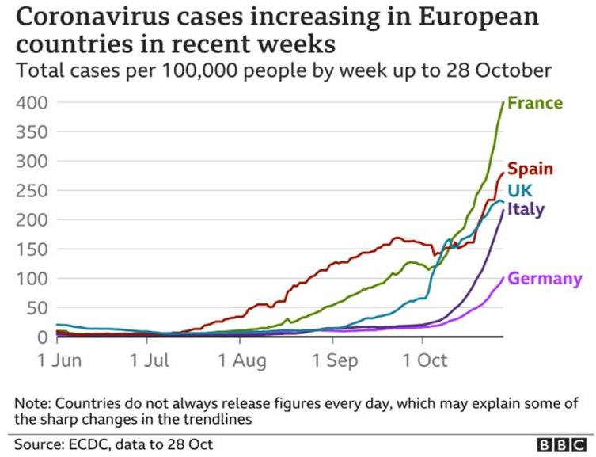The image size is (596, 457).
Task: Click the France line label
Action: click(x=535, y=103)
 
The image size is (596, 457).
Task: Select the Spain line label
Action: click(x=530, y=169)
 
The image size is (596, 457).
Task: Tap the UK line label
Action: click(x=520, y=190)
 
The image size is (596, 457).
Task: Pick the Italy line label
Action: click(x=526, y=209)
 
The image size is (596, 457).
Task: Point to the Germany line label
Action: click(x=545, y=279)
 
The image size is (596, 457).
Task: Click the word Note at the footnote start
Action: click(x=31, y=402)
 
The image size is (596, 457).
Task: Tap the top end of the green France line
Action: click(x=503, y=102)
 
